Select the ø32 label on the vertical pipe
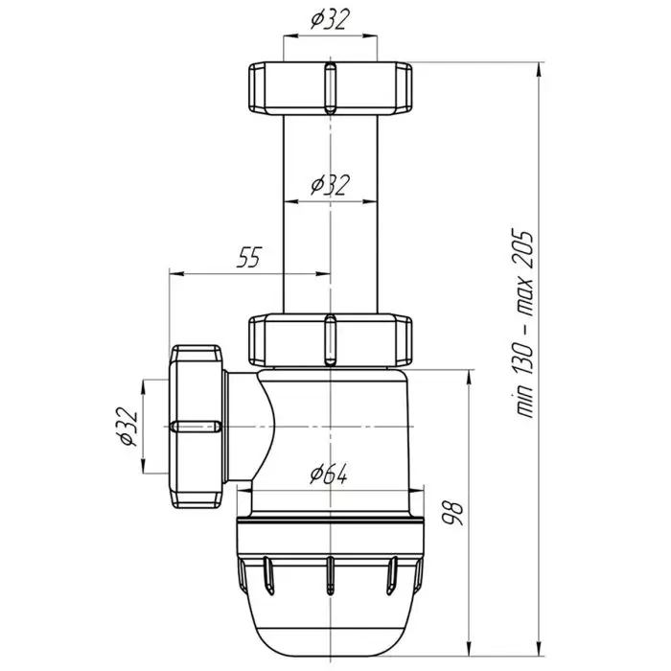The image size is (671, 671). [x=328, y=185]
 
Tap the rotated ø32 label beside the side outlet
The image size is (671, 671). [x=127, y=426]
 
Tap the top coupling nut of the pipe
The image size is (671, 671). [x=329, y=89]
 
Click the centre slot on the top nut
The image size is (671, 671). [x=329, y=89]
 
